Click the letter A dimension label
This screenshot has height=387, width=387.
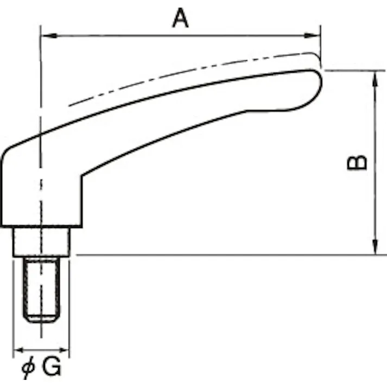point(180,18)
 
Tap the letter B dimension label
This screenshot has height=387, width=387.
point(357,162)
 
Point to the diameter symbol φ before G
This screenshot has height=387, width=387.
point(28,369)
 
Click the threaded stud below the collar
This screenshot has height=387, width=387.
point(41,288)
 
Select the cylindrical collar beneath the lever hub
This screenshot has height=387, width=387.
point(41,242)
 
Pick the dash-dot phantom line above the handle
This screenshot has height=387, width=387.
point(179,71)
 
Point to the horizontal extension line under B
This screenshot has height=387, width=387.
point(217,255)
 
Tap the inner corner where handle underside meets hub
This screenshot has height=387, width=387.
point(82,175)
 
